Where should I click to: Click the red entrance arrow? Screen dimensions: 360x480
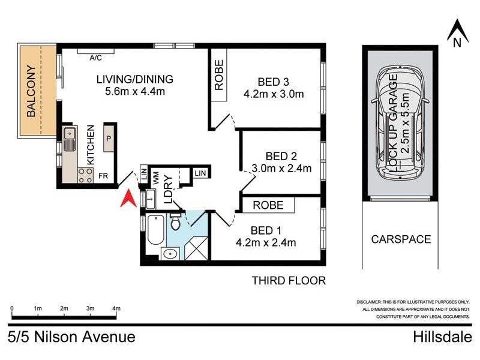coord(127,199)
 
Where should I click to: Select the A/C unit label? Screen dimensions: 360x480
coord(95,58)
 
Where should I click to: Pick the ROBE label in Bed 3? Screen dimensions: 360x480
coord(219,75)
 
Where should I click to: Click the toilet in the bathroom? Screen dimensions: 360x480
coord(176,222)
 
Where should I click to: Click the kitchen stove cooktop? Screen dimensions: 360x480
coord(85,175)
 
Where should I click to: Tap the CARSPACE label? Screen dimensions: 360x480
coord(401,239)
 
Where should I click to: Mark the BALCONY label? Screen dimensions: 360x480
coord(31,91)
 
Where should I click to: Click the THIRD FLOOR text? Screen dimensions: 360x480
coord(289,280)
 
